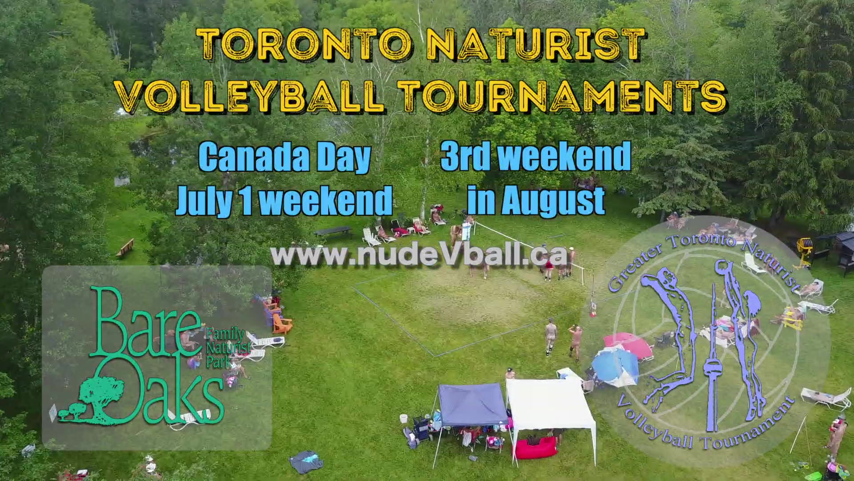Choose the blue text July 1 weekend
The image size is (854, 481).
[285, 200]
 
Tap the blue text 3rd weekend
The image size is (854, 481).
[536, 156]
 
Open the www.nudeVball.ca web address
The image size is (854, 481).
[419, 256]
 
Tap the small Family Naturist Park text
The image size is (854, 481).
[228, 347]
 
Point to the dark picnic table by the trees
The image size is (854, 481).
[333, 232]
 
